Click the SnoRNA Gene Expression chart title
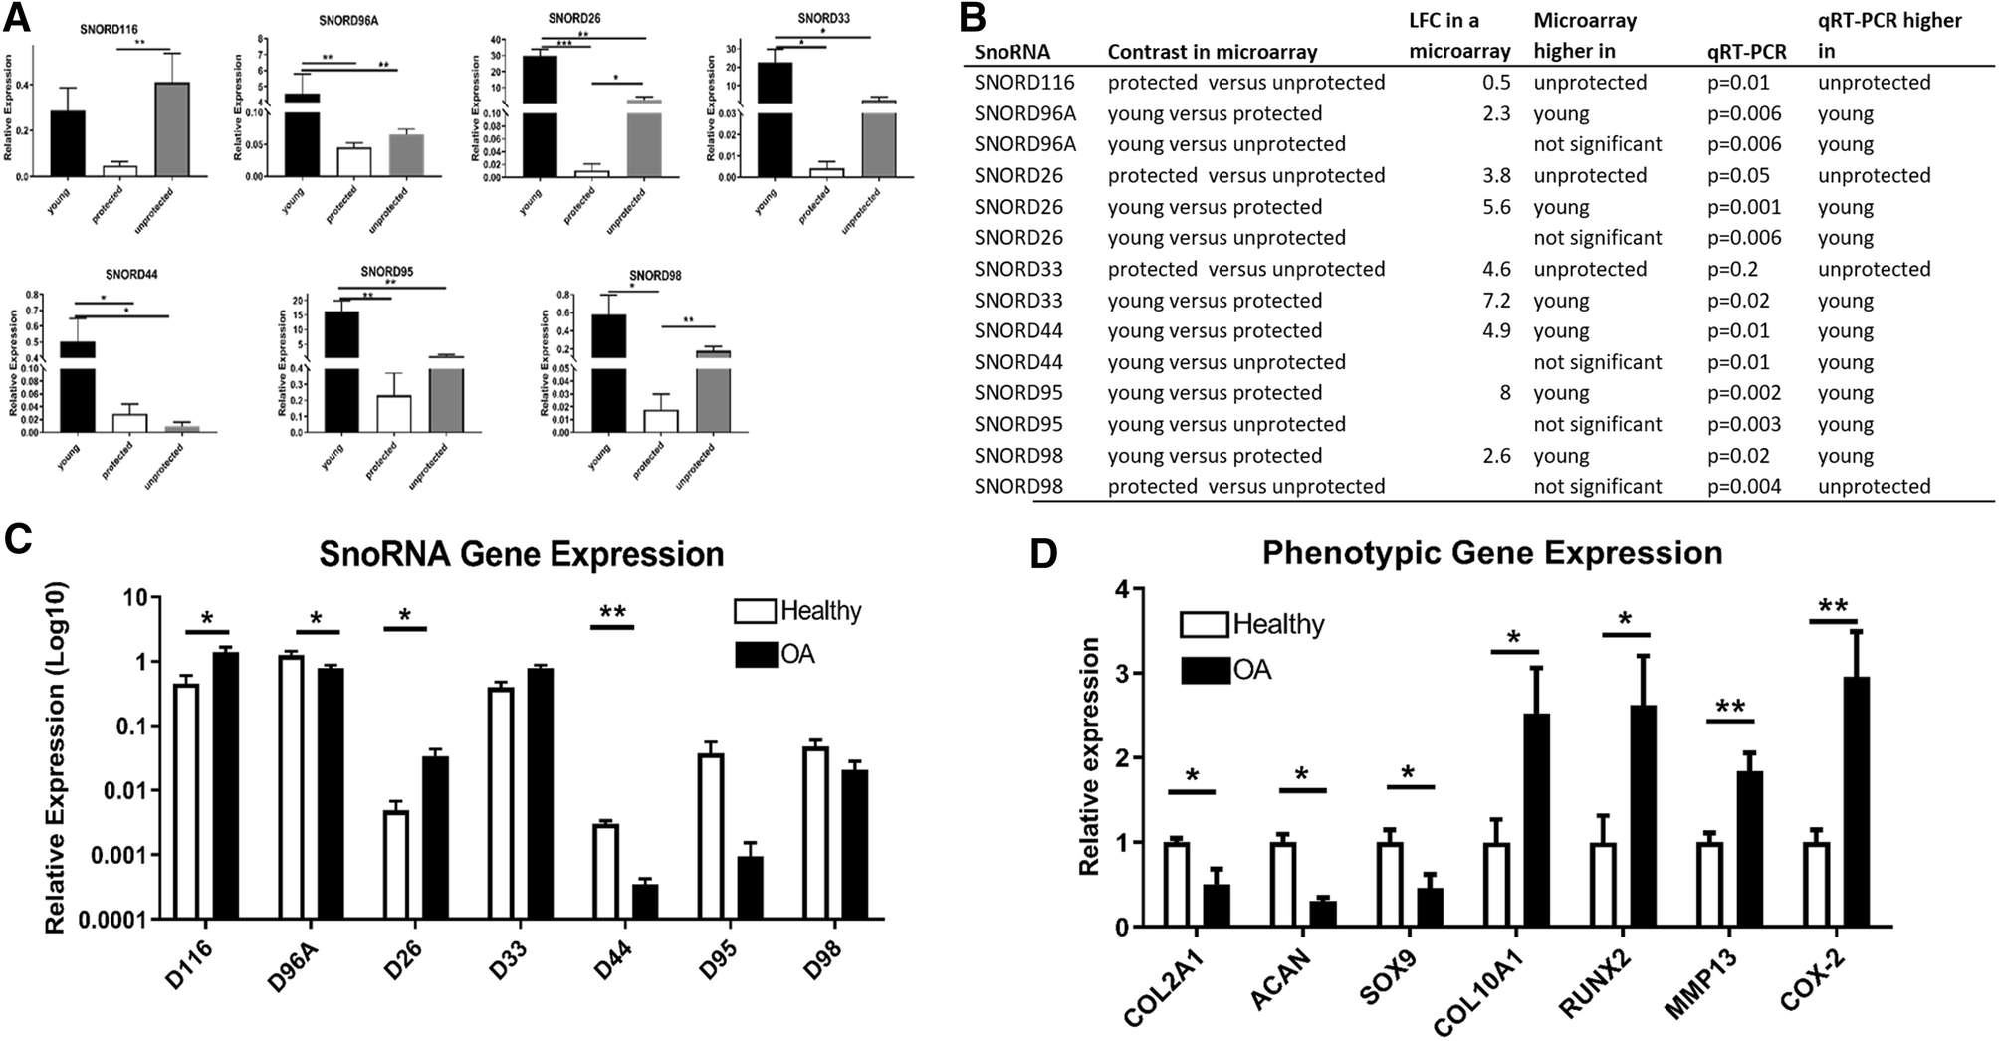[x=521, y=554]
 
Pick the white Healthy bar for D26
[x=396, y=864]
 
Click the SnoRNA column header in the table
[x=1011, y=52]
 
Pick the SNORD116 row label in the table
[x=1024, y=83]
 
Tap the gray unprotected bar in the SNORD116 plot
[x=173, y=128]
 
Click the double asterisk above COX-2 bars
[x=1833, y=606]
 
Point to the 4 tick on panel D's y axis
[x=1124, y=589]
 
